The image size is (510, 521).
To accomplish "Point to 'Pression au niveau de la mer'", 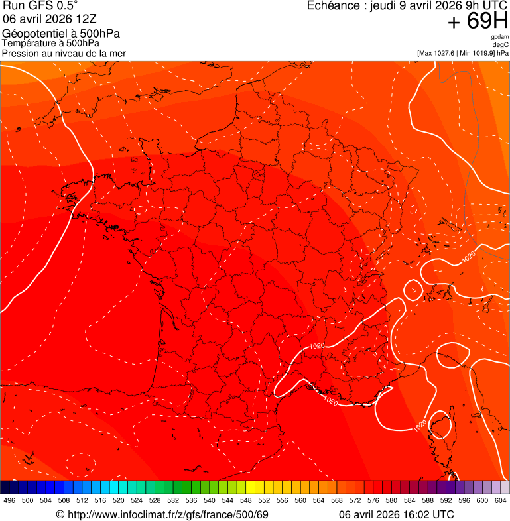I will tap(64, 53).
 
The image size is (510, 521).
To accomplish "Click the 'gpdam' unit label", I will tap(499, 37).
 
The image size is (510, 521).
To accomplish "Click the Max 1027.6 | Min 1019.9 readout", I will tap(463, 53).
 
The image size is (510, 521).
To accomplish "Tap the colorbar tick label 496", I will tap(9, 500).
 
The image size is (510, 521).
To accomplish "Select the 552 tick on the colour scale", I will tap(264, 500).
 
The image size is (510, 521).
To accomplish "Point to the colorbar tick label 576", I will tap(373, 500).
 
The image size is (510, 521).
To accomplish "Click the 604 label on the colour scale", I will tap(501, 500).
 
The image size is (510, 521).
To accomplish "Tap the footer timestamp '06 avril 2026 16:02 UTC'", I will tap(397, 514).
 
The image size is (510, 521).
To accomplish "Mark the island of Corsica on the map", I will tap(441, 432).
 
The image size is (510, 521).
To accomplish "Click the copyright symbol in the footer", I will tap(60, 514).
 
